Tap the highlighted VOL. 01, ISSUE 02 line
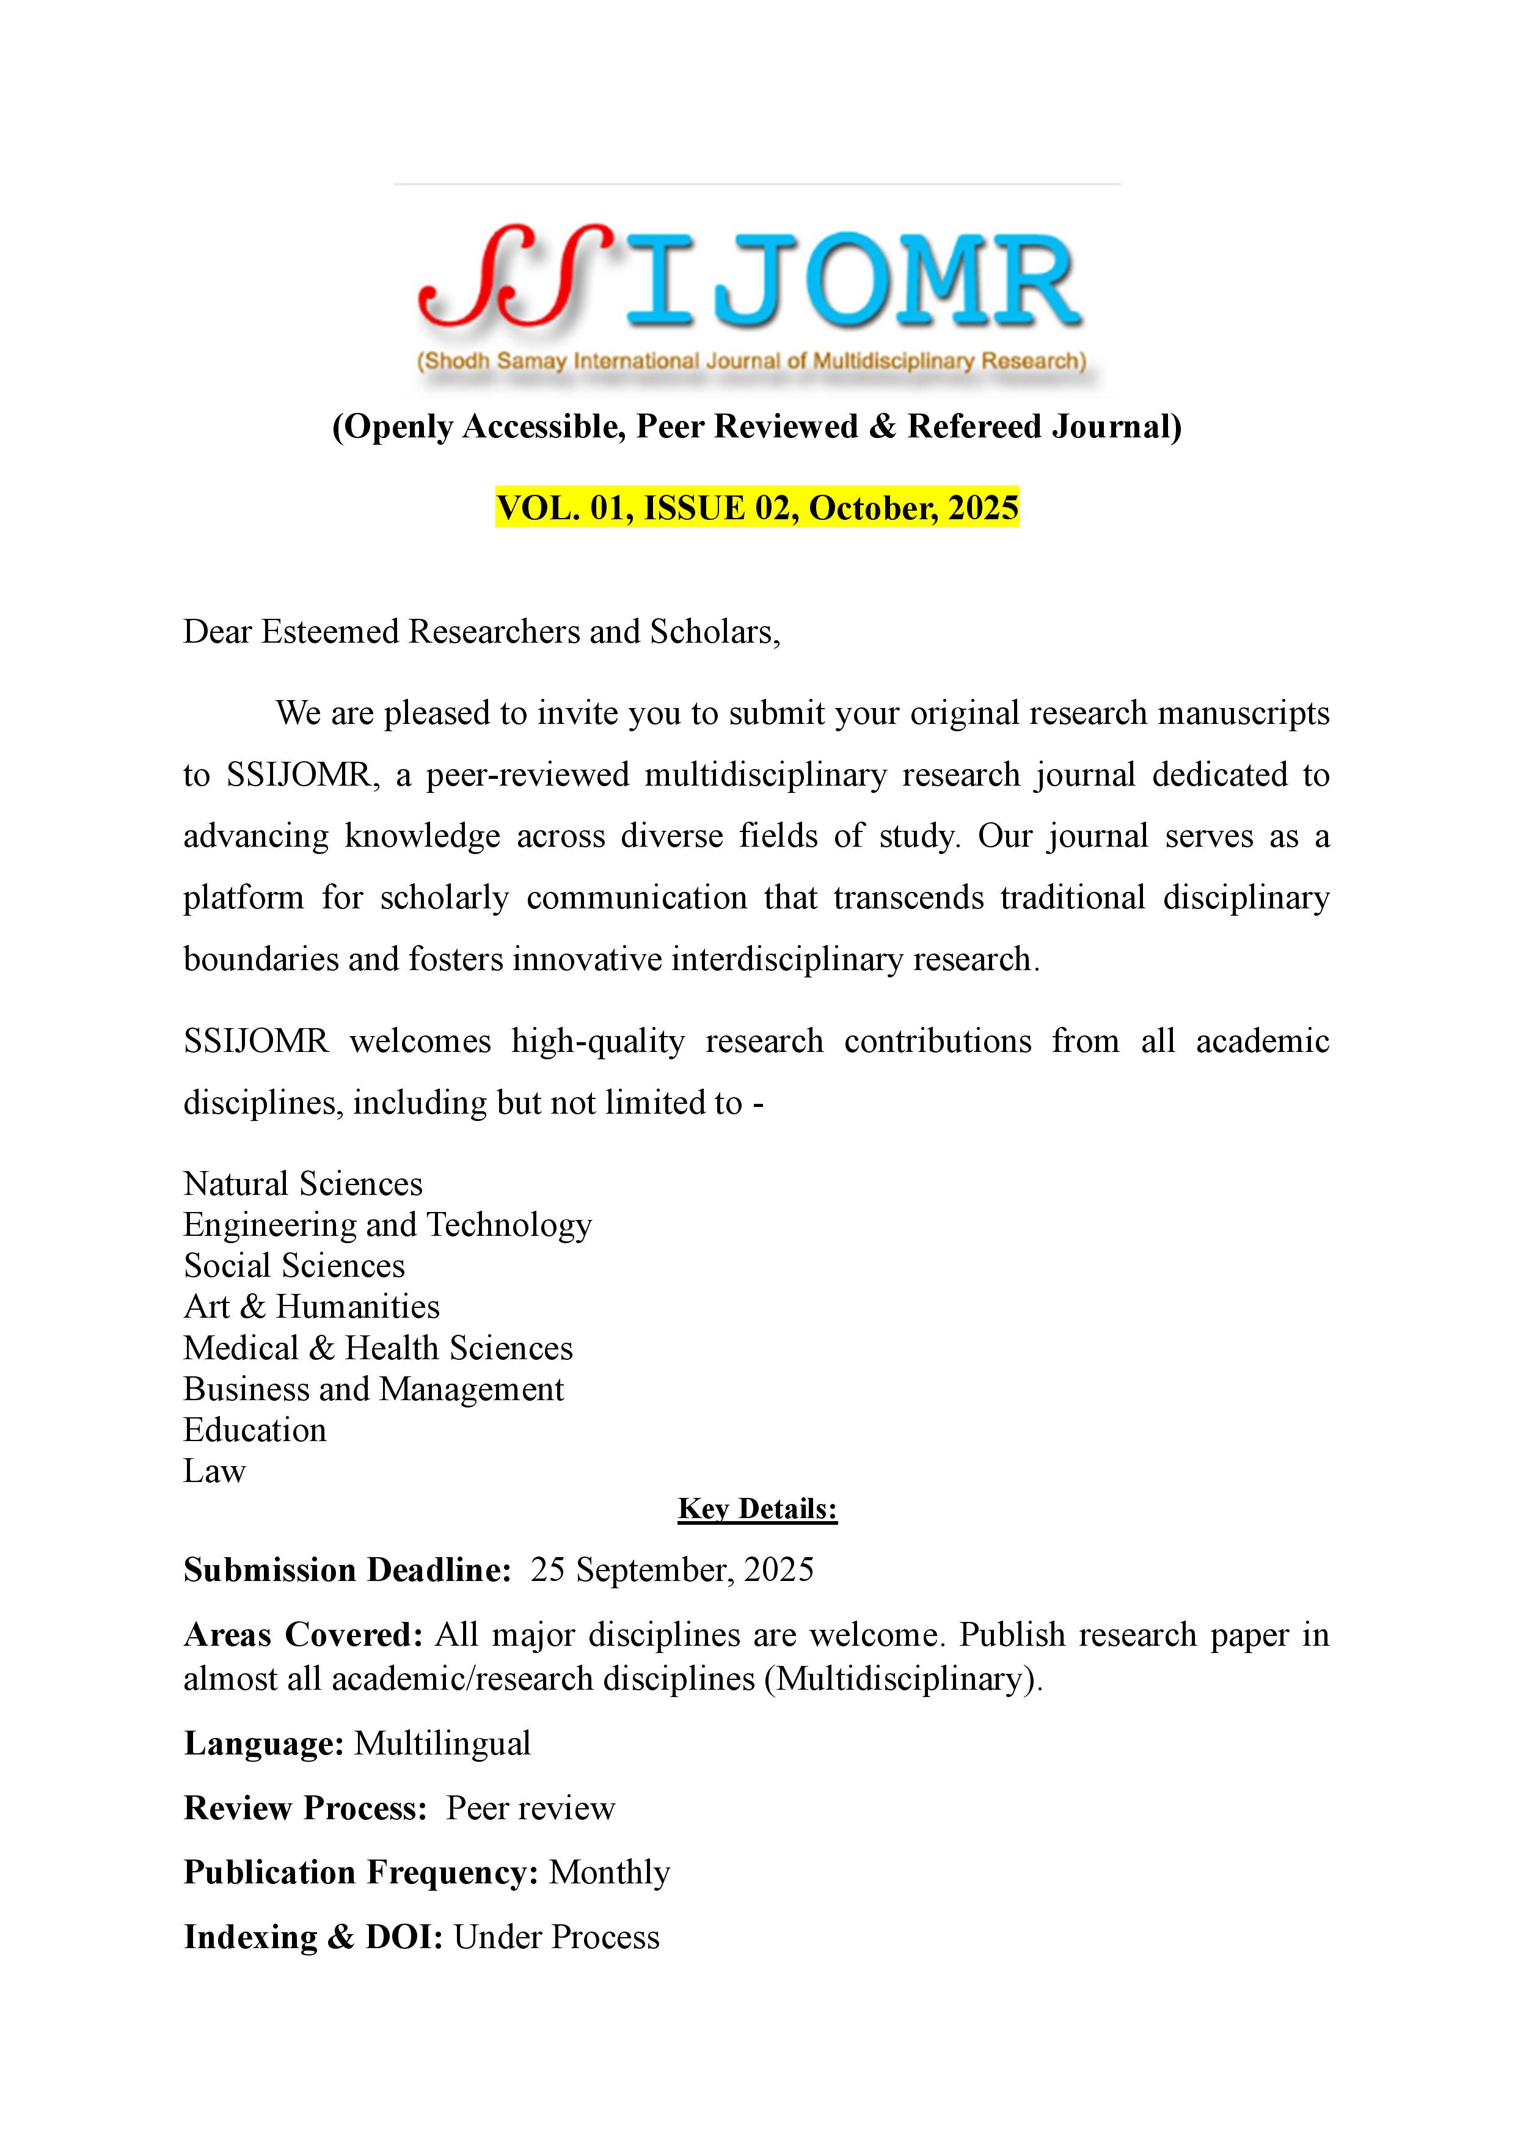click(756, 508)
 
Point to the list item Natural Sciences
click(302, 1183)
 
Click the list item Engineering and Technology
click(387, 1225)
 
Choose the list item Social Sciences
click(294, 1266)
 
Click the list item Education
click(255, 1430)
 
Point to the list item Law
click(214, 1471)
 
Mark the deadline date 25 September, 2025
click(672, 1570)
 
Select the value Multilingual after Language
click(442, 1743)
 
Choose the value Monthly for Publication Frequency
click(610, 1872)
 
